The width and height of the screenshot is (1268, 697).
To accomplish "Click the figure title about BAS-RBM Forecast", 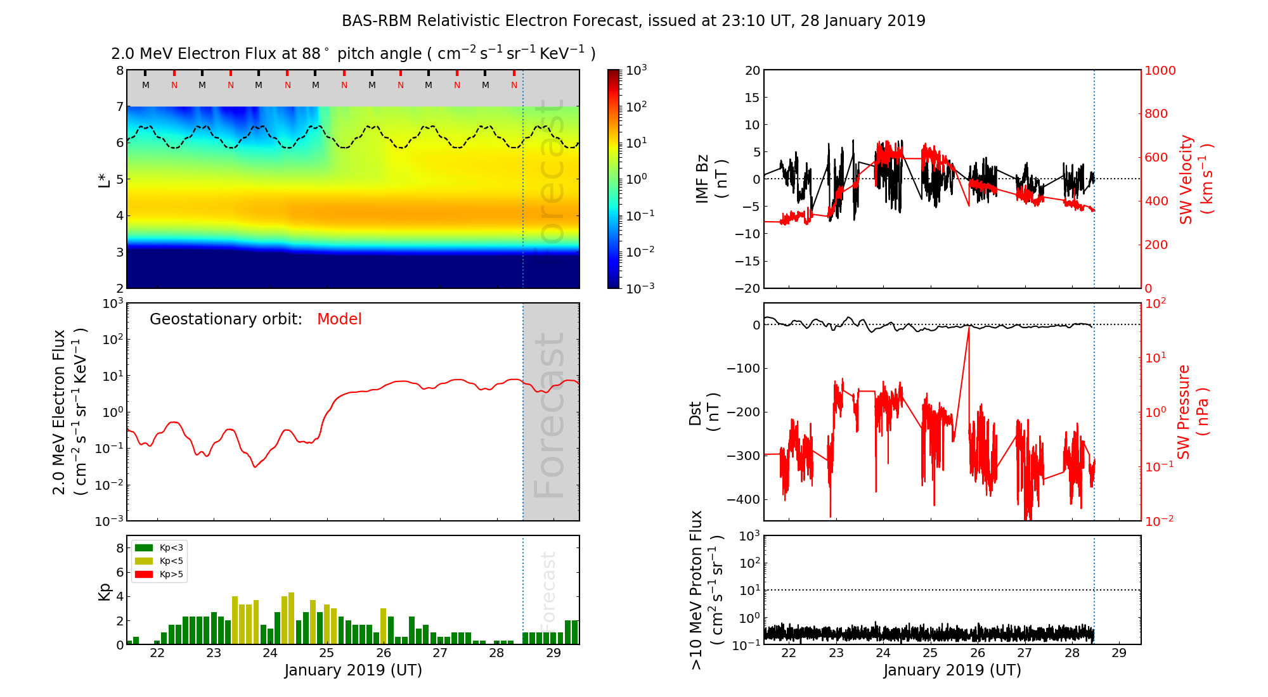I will tap(633, 21).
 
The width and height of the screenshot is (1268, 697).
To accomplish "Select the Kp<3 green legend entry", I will tap(159, 547).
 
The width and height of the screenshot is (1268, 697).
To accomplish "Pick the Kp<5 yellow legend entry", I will tap(159, 561).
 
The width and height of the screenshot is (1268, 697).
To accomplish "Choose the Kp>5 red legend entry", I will tap(159, 575).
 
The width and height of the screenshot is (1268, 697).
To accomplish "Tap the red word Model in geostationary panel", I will tap(339, 319).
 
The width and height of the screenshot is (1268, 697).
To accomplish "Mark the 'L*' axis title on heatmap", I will tap(105, 179).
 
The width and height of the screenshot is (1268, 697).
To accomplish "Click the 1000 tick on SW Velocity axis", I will tap(1160, 70).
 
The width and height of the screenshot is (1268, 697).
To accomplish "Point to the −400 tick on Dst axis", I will tap(743, 499).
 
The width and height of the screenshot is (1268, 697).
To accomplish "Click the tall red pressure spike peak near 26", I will tap(969, 328).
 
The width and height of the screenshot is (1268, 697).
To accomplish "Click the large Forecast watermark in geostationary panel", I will tap(549, 415).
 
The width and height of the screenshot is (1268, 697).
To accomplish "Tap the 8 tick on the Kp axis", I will tap(119, 548).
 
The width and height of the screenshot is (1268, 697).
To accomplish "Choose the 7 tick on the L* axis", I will tap(119, 106).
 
